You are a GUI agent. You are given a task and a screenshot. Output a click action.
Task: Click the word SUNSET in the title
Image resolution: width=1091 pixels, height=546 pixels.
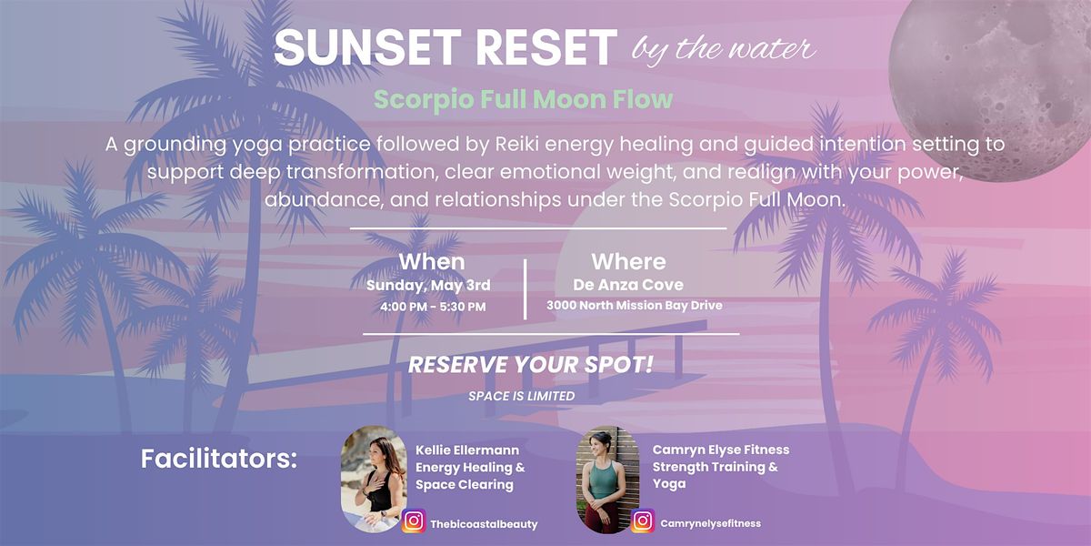coord(367,47)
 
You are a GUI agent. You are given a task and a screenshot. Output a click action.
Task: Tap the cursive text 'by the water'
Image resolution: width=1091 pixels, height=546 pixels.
coord(724,50)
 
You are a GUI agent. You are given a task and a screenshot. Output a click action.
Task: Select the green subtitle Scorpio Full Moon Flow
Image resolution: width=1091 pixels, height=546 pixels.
coord(523,99)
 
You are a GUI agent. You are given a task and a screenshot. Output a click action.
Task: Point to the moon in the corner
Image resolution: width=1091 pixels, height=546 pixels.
coord(990,83)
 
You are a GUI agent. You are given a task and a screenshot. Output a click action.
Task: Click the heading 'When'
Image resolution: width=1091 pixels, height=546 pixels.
coord(432,262)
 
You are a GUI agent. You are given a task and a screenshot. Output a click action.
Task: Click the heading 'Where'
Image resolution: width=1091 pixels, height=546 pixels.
coord(628,262)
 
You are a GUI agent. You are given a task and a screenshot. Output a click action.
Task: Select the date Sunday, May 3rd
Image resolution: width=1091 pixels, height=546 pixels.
coord(428,285)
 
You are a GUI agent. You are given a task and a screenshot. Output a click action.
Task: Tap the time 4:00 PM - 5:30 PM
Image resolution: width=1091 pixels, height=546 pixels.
coord(433,308)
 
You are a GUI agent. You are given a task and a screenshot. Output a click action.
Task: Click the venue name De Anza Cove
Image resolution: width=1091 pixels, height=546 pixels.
coord(628,285)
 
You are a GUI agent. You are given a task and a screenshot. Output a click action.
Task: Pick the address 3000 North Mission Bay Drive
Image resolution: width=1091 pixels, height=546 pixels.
coord(635,306)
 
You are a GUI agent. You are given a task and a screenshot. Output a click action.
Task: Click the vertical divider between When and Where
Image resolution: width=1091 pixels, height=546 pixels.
coord(525,289)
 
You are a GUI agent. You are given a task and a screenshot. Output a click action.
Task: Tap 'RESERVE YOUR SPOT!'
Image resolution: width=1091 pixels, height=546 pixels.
coord(530,365)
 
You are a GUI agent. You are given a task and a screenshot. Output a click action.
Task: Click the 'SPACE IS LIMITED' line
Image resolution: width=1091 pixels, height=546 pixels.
coord(521,396)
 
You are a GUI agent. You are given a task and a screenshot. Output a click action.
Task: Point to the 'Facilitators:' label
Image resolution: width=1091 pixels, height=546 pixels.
coord(219,459)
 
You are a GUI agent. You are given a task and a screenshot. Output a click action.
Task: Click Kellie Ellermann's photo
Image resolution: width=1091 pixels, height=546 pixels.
coord(374,479)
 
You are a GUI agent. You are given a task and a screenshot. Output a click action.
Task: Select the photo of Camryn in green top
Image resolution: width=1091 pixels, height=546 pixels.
coord(608,480)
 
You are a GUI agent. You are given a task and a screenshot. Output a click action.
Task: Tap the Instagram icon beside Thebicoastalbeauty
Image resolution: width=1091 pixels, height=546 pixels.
coord(414,521)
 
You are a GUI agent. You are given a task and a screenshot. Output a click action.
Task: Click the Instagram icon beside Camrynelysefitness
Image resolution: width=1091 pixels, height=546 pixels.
coord(643,521)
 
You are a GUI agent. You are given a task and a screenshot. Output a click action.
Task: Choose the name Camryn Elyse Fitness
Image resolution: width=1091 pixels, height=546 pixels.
coord(721,450)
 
